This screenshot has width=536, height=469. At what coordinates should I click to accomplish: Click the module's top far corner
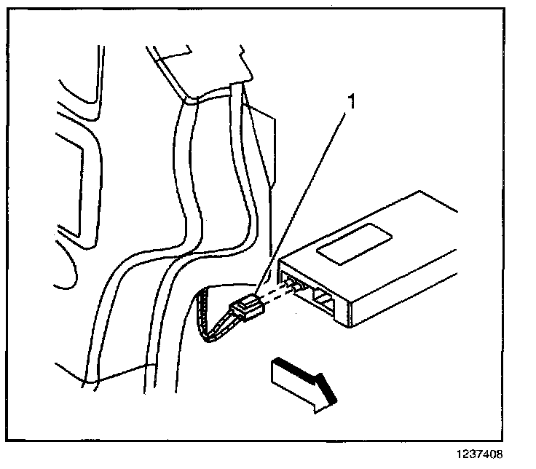coord(420,194)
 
